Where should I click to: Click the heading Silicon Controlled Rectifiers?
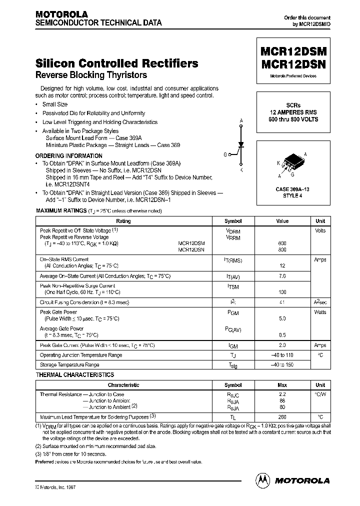point(117,63)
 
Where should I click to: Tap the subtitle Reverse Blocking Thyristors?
point(91,75)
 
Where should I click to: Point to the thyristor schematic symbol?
point(241,145)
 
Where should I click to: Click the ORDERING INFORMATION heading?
point(69,156)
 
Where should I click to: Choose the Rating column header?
point(123,221)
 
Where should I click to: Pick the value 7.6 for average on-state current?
point(282,276)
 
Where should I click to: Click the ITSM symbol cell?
point(233,286)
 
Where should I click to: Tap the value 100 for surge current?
point(282,292)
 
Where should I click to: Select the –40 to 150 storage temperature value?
point(282,365)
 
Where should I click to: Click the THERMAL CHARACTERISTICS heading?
point(75,375)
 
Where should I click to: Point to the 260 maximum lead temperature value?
point(282,416)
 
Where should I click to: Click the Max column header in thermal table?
point(282,385)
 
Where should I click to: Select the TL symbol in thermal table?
point(233,417)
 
